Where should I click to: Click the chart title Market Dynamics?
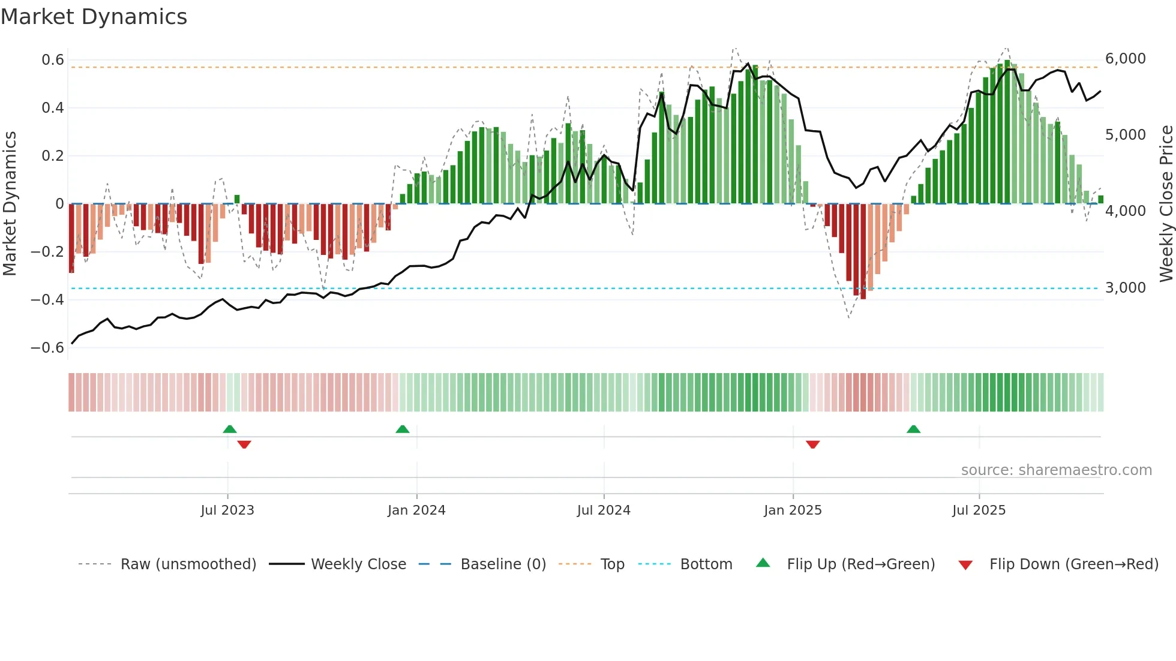pyautogui.click(x=94, y=17)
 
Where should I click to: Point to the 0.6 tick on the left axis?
pyautogui.click(x=53, y=60)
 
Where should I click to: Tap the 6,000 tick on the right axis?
pyautogui.click(x=1125, y=59)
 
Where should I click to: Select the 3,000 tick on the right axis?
pyautogui.click(x=1125, y=288)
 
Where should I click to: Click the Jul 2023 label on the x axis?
pyautogui.click(x=227, y=510)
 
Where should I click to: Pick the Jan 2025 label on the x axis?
pyautogui.click(x=793, y=510)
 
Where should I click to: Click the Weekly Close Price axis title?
pyautogui.click(x=1166, y=203)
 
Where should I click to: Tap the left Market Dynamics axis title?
pyautogui.click(x=10, y=203)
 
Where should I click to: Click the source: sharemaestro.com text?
pyautogui.click(x=1056, y=470)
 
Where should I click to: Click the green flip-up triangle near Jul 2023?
pyautogui.click(x=230, y=429)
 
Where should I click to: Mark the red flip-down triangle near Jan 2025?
pyautogui.click(x=813, y=444)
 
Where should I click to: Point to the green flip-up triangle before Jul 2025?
pyautogui.click(x=913, y=429)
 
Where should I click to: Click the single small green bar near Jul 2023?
pyautogui.click(x=237, y=199)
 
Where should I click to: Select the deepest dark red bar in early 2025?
pyautogui.click(x=863, y=251)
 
